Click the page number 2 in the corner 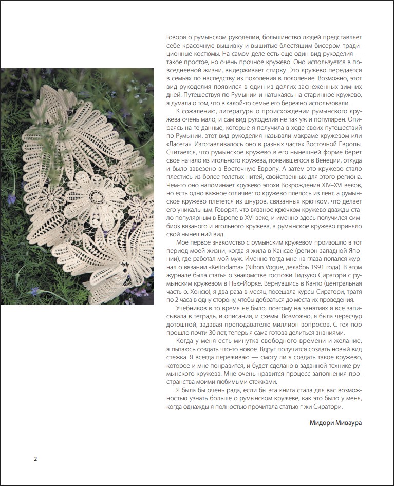pos(35,458)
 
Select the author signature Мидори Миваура pos(339,423)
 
